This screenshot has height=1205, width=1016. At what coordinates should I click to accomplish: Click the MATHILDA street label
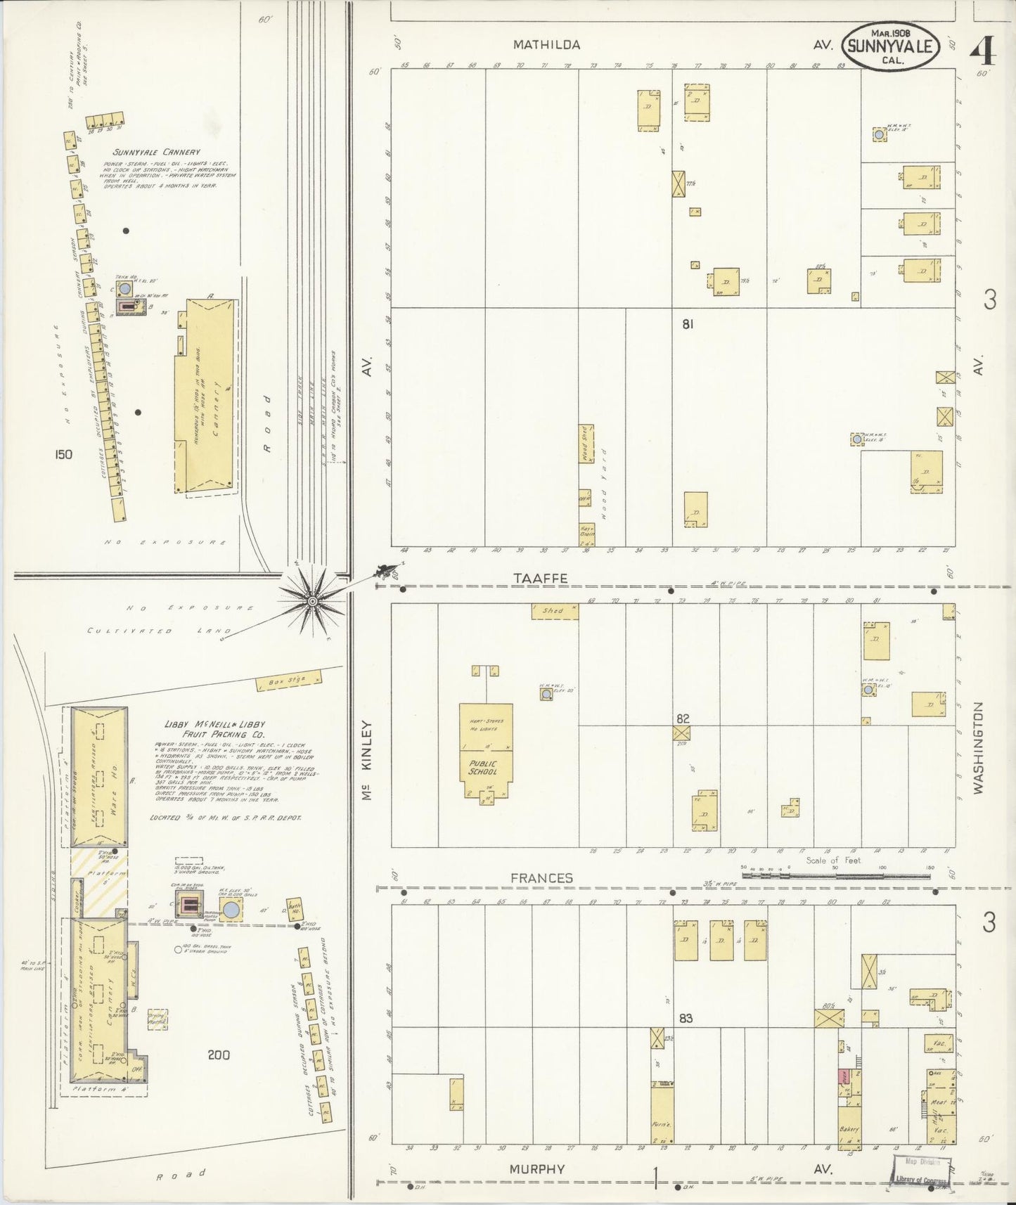pyautogui.click(x=546, y=45)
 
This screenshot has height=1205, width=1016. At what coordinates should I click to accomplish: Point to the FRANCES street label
pyautogui.click(x=541, y=878)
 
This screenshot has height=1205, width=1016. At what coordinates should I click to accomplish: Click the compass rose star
pyautogui.click(x=312, y=601)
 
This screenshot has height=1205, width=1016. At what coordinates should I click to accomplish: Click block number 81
pyautogui.click(x=687, y=324)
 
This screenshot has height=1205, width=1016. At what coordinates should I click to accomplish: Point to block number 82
pyautogui.click(x=683, y=719)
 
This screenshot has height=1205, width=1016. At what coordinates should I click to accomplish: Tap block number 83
pyautogui.click(x=686, y=1018)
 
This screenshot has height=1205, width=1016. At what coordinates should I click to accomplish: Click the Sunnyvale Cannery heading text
pyautogui.click(x=155, y=152)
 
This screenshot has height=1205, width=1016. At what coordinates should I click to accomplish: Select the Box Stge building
pyautogui.click(x=289, y=681)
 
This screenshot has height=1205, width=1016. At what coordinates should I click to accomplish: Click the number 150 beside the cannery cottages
pyautogui.click(x=63, y=455)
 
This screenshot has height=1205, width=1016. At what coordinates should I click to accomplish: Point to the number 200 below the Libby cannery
pyautogui.click(x=219, y=1055)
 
